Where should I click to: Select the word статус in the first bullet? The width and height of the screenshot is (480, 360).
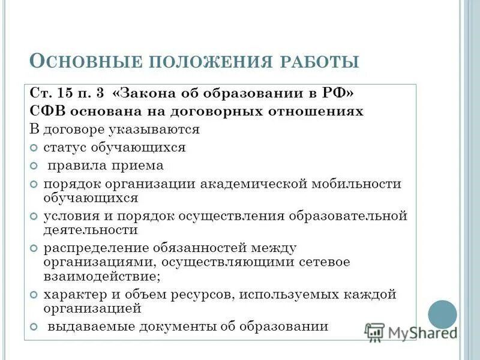[64, 147]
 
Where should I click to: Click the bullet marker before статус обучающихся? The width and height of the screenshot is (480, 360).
[34, 148]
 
